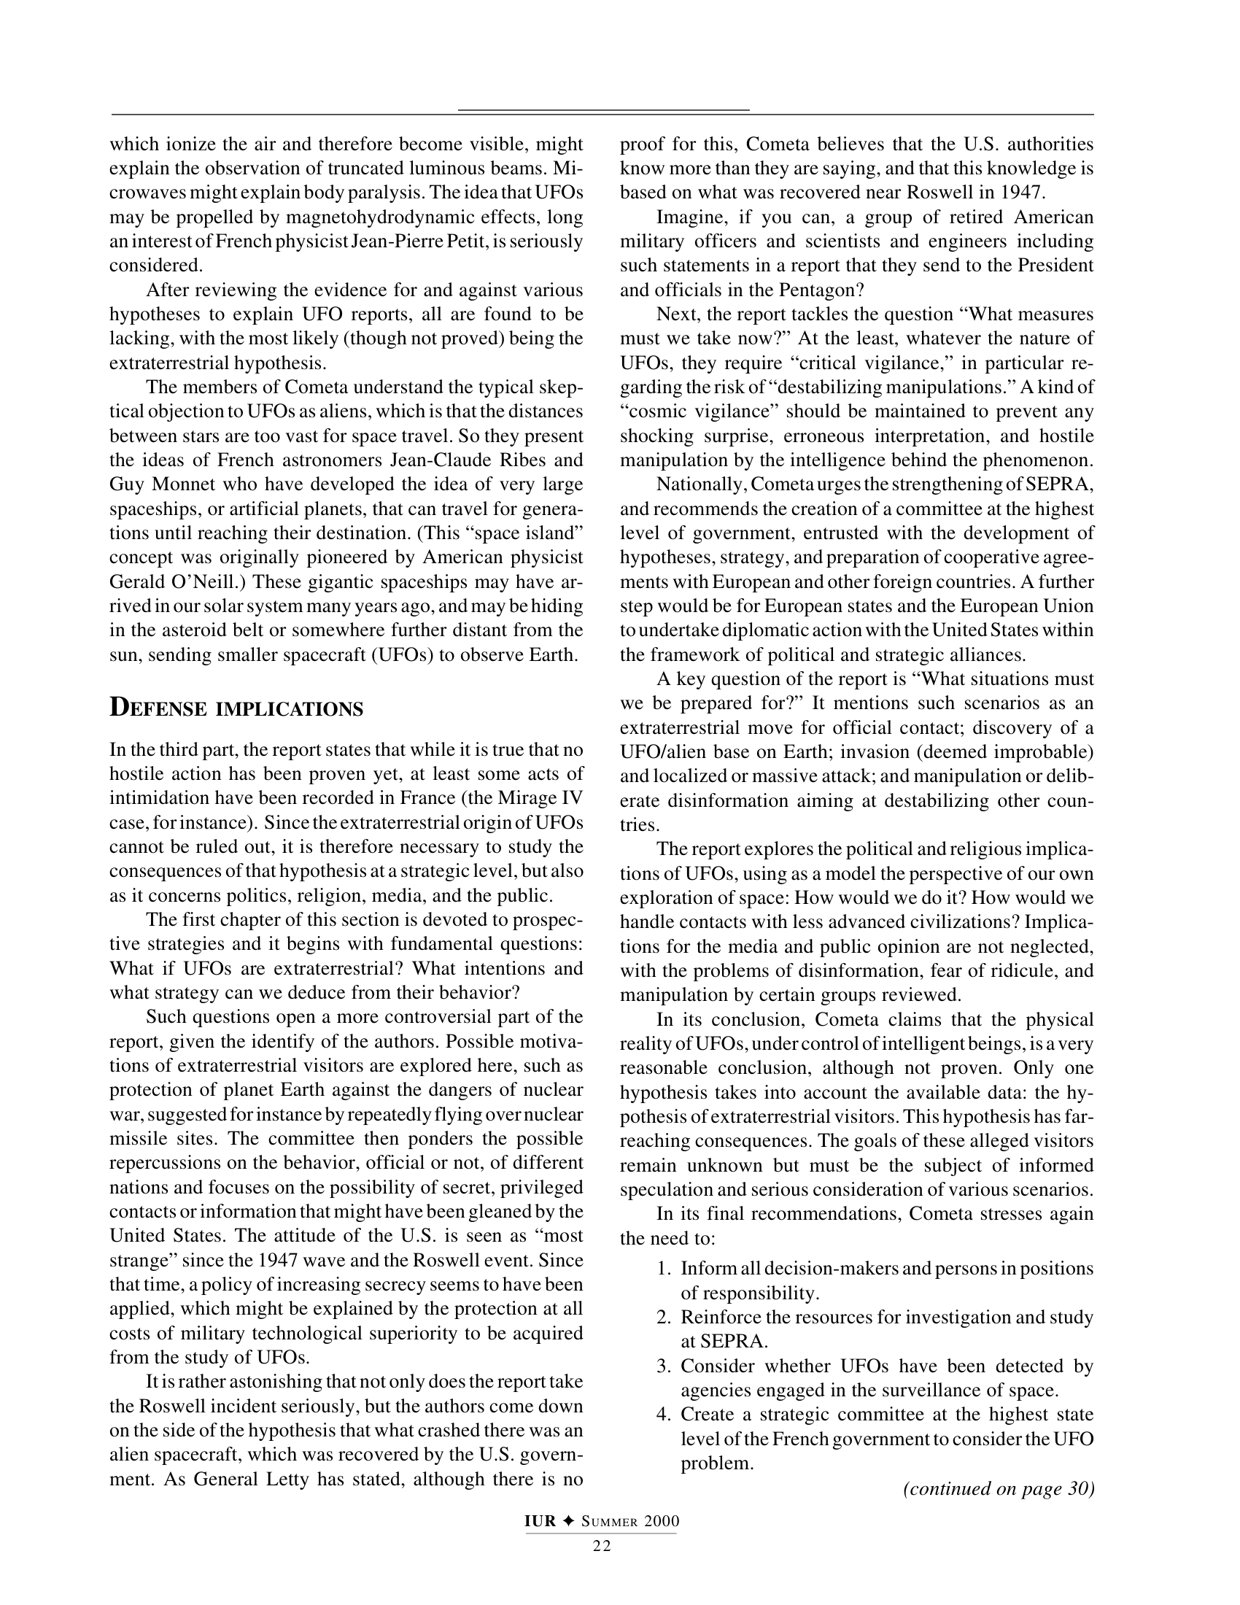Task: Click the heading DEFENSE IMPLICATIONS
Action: click(x=236, y=708)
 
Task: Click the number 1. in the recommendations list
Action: click(x=663, y=1269)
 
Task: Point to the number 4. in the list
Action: click(x=663, y=1415)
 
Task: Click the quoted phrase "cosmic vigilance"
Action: click(x=700, y=411)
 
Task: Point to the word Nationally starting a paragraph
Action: click(x=700, y=485)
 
